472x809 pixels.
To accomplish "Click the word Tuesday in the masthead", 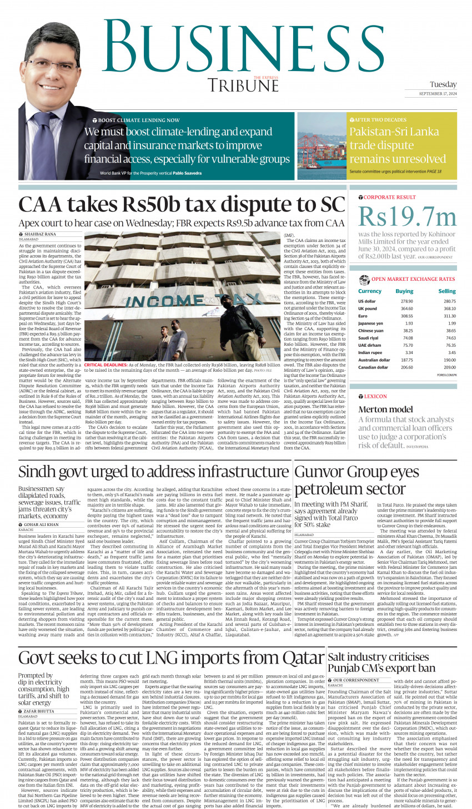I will (443, 84).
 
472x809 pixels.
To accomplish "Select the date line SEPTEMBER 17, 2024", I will (438, 94).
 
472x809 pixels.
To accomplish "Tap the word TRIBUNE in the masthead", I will (243, 86).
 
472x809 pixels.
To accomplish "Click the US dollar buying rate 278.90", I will (406, 301).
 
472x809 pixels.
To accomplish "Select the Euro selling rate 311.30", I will (449, 316).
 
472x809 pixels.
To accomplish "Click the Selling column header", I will (446, 291).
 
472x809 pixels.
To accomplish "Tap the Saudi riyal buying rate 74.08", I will (408, 338).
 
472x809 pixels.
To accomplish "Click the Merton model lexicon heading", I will (385, 409).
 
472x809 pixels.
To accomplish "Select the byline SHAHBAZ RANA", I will (40, 234).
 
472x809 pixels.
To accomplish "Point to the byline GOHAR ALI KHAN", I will (41, 524).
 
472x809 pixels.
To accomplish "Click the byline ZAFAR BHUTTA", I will (38, 711).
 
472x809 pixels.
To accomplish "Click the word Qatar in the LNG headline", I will (297, 658).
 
